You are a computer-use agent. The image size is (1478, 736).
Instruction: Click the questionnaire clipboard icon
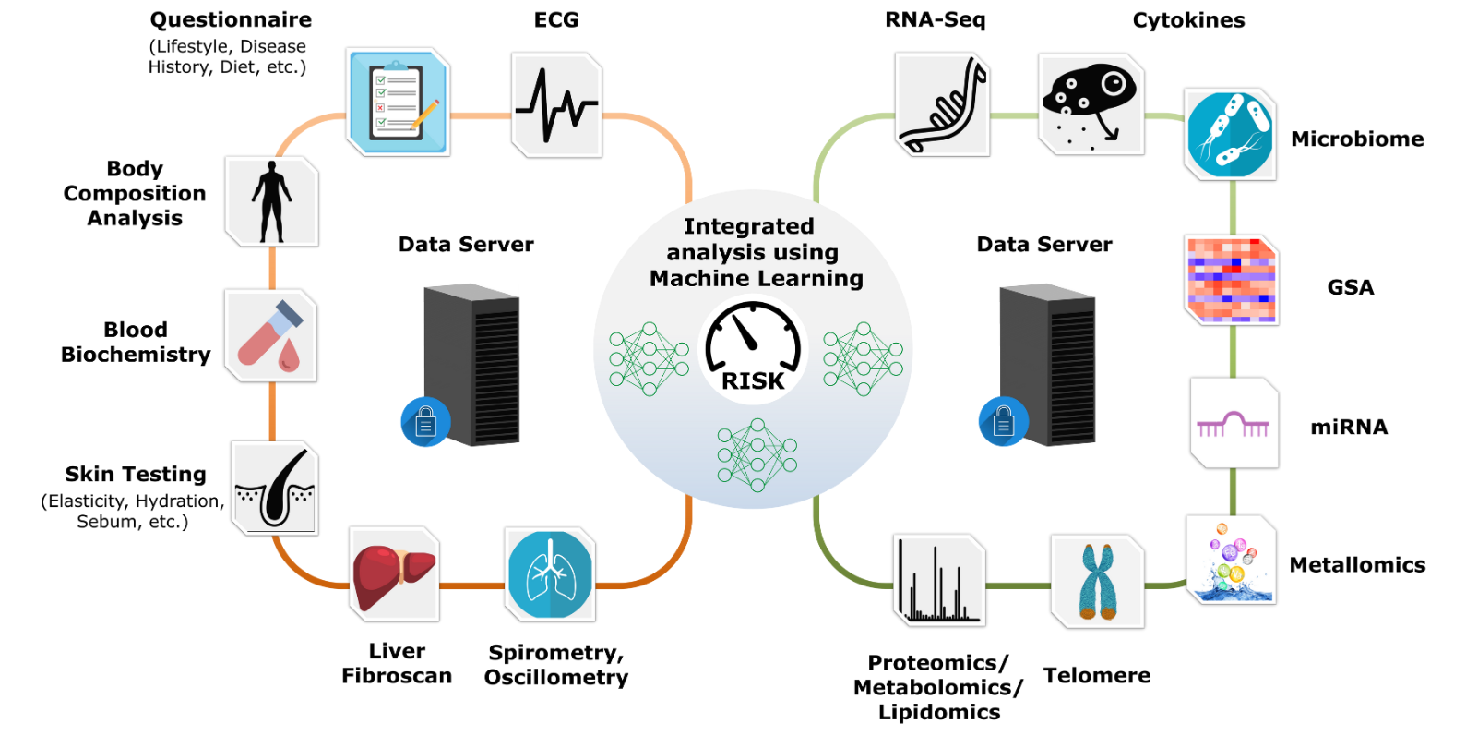398,103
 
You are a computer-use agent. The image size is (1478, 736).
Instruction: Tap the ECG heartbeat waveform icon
556,105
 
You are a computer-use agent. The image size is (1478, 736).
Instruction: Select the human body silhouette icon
272,201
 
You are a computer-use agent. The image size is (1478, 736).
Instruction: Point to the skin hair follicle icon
275,489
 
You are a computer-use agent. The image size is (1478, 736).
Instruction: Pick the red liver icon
394,574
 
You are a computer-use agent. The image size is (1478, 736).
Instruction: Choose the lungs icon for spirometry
550,574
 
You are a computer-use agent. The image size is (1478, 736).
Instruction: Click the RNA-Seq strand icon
942,104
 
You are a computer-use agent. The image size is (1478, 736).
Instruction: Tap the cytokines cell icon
1091,103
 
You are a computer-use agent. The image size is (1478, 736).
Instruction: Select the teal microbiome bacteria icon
1230,135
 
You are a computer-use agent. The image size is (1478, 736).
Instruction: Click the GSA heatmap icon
1231,280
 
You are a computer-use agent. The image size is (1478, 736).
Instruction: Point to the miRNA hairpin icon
1234,424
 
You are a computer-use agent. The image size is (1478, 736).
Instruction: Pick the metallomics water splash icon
1231,561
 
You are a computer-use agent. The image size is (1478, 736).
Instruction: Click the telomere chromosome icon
1097,582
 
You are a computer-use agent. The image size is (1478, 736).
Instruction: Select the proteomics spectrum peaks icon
939,581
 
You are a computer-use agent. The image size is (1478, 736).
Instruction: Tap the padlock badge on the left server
425,422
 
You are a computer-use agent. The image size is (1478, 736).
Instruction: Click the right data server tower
1048,366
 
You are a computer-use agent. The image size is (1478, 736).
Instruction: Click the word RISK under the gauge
753,380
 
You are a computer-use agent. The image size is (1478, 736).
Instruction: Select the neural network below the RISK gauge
757,455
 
